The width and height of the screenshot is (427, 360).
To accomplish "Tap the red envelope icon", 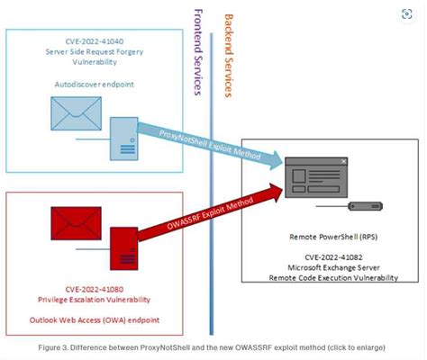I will click(75, 220).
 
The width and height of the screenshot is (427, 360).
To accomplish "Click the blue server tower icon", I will click(124, 138).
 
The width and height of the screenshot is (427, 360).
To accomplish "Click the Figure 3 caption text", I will click(213, 346).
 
